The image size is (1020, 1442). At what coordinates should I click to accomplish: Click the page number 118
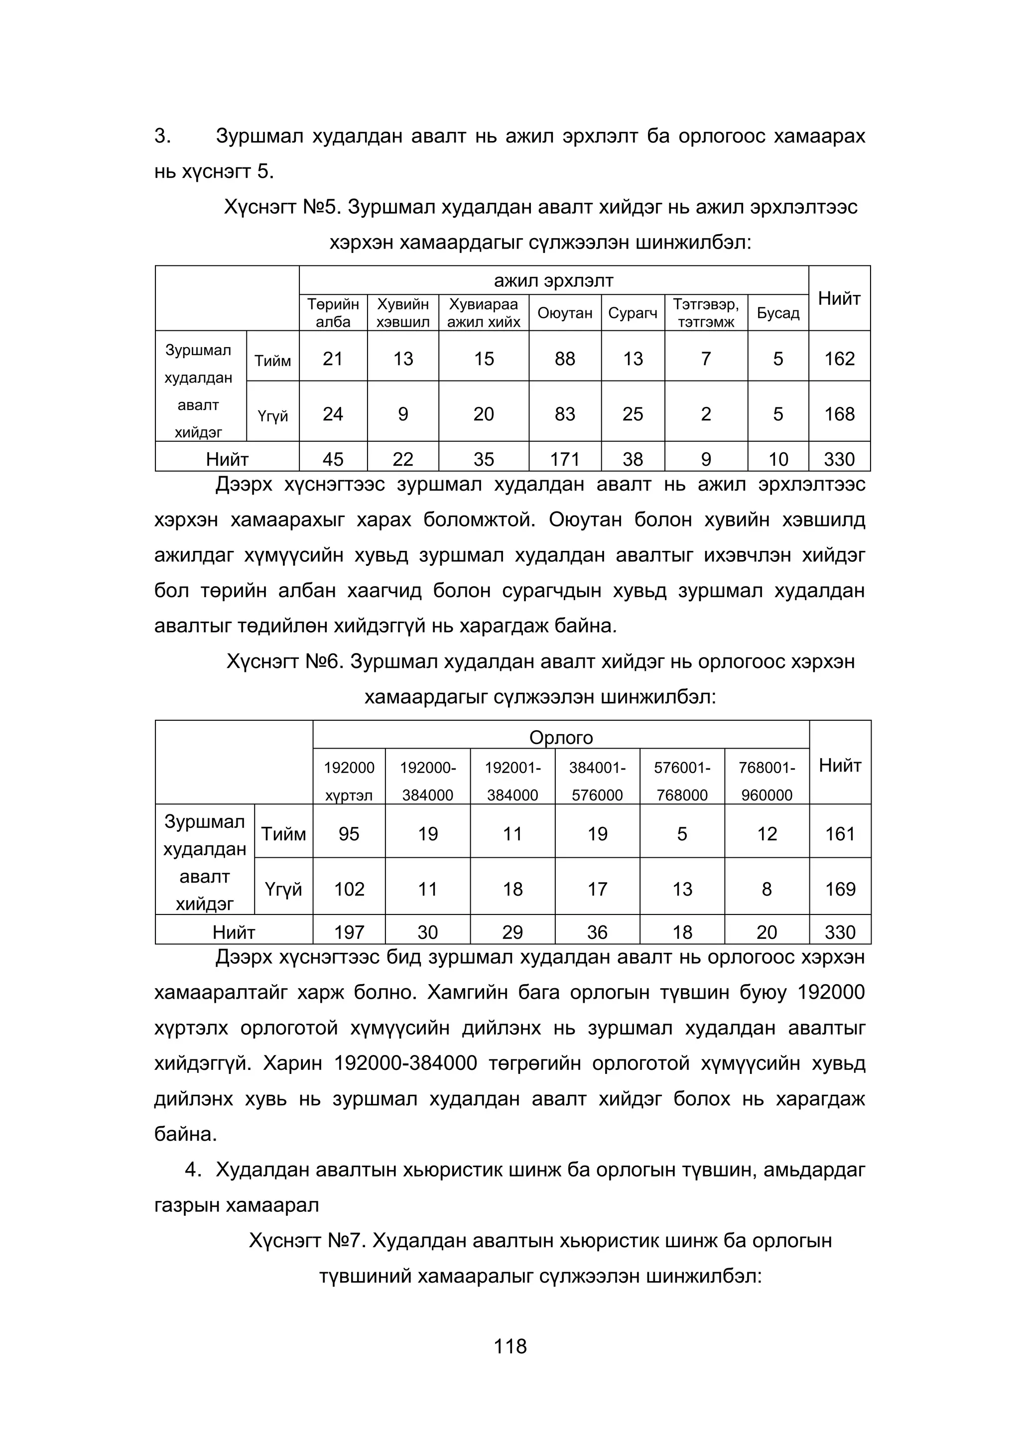tap(510, 1346)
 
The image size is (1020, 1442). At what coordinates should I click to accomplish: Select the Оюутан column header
tap(565, 313)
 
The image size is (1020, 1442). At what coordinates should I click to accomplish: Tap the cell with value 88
tap(565, 359)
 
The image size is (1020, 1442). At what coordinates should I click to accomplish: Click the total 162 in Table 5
tap(839, 359)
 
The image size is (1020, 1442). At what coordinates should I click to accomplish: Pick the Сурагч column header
tap(633, 313)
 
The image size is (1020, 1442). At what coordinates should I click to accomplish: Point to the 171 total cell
tap(565, 459)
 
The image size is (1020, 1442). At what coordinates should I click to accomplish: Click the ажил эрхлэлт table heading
tap(553, 281)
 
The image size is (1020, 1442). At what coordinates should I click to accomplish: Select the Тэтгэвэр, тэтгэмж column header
tap(706, 313)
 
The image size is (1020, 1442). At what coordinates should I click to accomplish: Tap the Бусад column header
tap(777, 313)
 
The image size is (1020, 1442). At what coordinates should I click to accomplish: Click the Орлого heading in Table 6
tap(561, 737)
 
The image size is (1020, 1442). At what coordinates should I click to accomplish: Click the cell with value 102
tap(349, 889)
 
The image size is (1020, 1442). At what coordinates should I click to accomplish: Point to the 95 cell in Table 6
tap(349, 833)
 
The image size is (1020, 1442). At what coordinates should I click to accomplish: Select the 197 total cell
tap(349, 932)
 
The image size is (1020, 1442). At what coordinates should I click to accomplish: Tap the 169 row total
tap(840, 889)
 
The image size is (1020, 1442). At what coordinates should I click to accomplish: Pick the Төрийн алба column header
tap(333, 313)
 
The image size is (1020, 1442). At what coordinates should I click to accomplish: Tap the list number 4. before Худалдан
tap(193, 1170)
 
